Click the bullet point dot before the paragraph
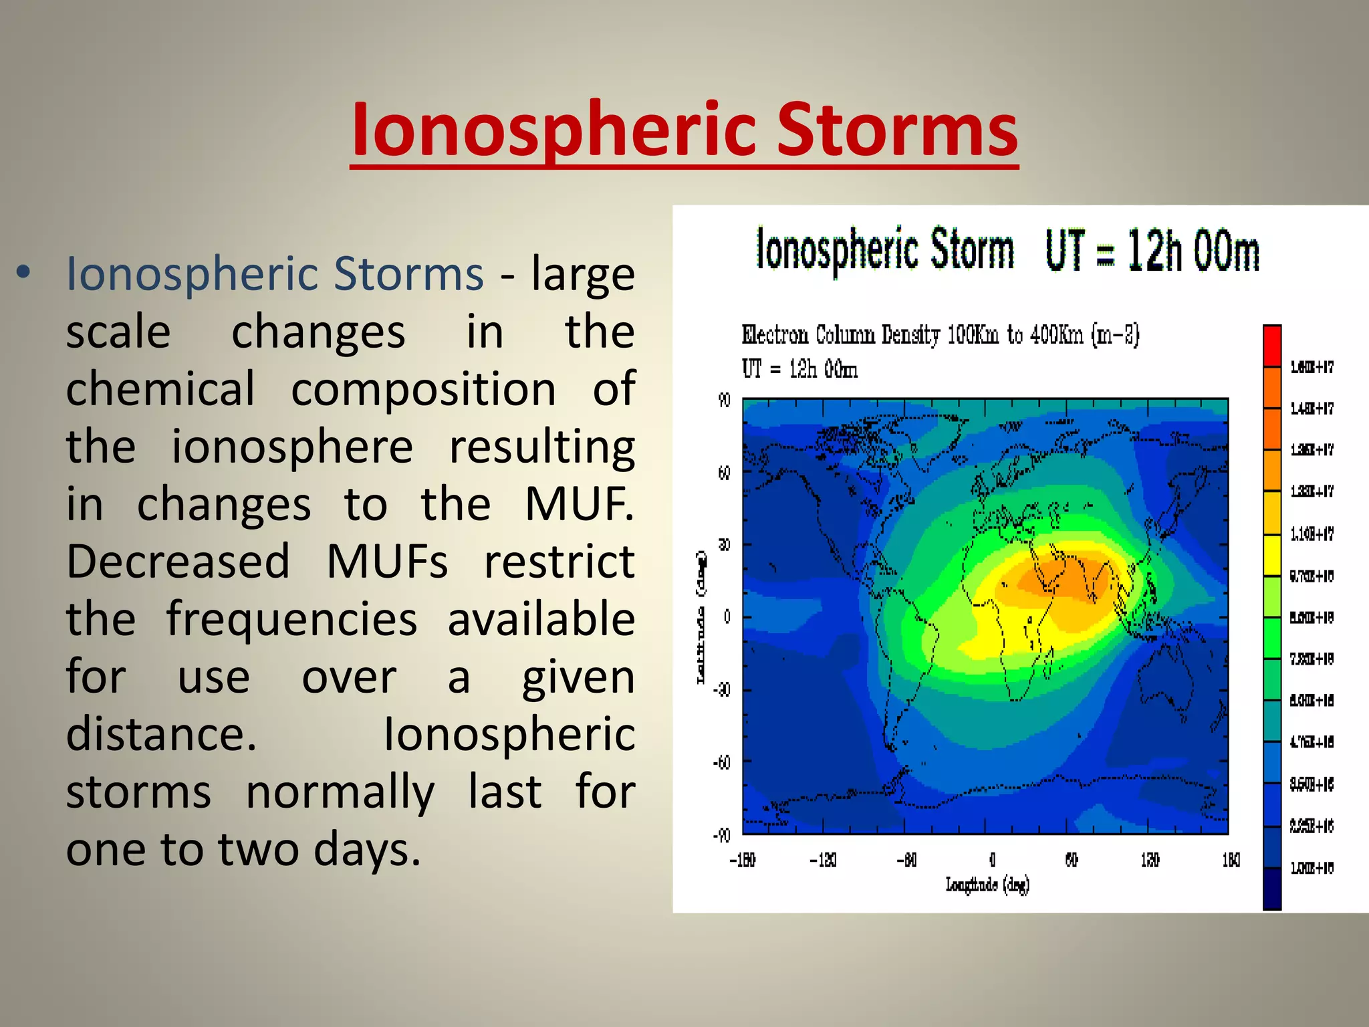[24, 272]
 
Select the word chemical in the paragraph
[160, 388]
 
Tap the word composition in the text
[423, 390]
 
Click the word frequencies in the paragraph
[291, 619]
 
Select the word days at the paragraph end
[366, 850]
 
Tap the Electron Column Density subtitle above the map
[940, 334]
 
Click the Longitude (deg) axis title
[987, 885]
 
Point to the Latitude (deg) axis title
[701, 616]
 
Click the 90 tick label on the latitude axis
[724, 401]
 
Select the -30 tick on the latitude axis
[722, 689]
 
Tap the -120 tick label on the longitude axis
[823, 860]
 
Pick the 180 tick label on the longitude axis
[1231, 860]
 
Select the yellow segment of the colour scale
[1271, 555]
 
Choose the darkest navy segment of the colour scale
[1271, 889]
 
